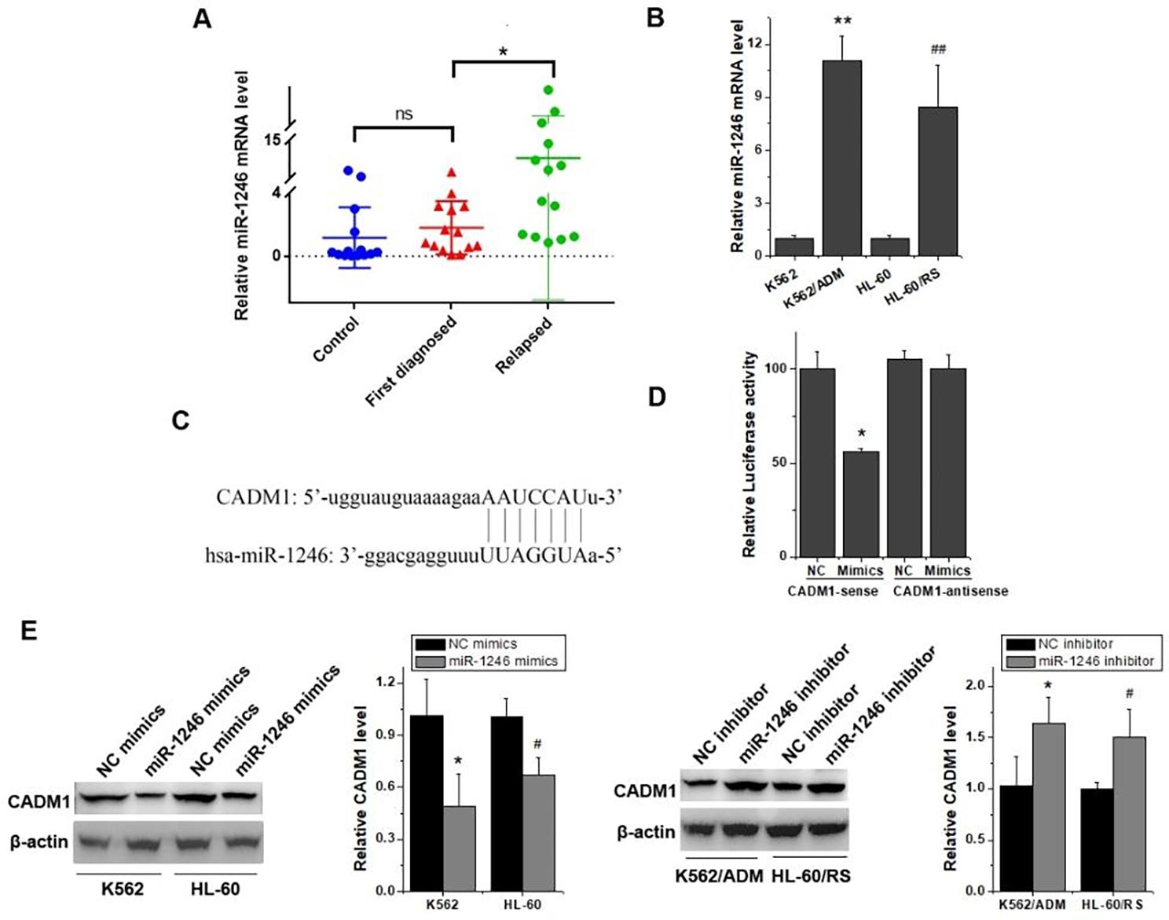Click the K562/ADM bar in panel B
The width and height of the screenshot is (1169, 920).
[x=841, y=157]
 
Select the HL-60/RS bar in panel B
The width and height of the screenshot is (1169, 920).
[x=937, y=181]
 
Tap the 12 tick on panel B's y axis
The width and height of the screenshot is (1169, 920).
[x=756, y=44]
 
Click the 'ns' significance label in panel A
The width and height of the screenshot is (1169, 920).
[x=403, y=115]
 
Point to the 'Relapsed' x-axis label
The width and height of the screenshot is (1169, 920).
[x=524, y=345]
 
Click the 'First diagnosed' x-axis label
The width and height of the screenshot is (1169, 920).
[x=411, y=361]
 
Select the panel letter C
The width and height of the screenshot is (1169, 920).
[x=181, y=420]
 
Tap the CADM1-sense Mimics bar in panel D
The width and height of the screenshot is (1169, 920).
[x=860, y=503]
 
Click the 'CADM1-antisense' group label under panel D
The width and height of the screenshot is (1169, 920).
[x=951, y=591]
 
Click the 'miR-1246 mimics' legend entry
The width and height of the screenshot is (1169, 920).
[x=503, y=662]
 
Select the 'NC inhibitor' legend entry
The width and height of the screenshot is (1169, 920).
[x=1076, y=643]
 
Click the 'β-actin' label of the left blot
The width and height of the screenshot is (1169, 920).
[x=38, y=842]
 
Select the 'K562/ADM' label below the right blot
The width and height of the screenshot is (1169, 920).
[x=719, y=875]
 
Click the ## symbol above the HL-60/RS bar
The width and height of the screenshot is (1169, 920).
[x=938, y=49]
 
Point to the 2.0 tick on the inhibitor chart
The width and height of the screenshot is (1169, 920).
[x=976, y=686]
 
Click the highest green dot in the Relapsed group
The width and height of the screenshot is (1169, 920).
[x=548, y=90]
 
